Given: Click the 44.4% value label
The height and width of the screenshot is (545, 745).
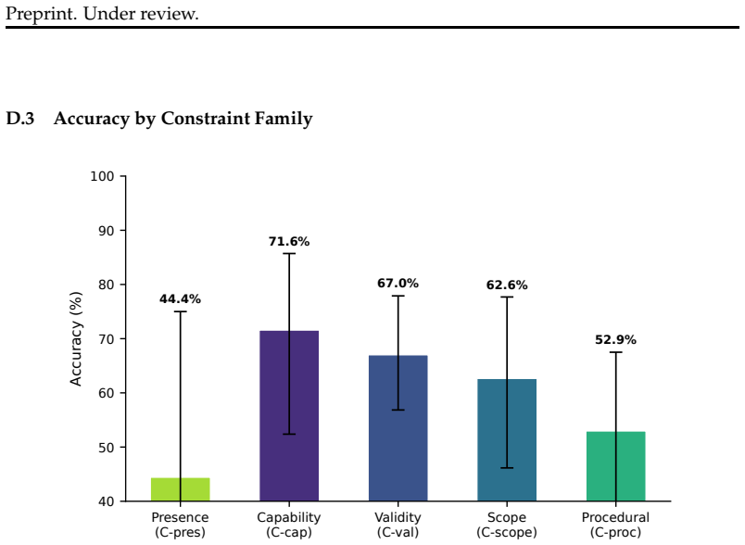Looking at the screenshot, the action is (180, 298).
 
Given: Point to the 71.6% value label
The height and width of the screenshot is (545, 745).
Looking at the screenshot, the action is (289, 241).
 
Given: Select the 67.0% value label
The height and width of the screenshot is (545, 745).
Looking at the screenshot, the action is (398, 284).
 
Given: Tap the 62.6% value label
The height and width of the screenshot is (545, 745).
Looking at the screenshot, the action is (507, 285).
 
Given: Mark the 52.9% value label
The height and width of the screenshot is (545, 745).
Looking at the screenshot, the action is (616, 340).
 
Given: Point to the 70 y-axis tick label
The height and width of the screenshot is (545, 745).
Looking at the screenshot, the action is (106, 339).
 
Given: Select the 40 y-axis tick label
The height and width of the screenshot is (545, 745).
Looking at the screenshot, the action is (106, 501).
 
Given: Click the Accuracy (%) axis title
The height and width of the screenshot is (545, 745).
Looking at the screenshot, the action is (76, 338).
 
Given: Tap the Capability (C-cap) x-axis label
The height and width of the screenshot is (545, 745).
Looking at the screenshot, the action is (289, 525).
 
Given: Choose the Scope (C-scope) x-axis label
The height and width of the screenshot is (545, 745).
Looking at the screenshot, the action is (507, 525).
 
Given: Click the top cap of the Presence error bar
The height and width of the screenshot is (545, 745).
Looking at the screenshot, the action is (180, 311).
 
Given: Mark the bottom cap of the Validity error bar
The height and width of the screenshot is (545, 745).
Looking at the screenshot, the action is (398, 410).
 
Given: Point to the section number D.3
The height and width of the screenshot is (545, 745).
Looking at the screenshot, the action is (20, 119).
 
